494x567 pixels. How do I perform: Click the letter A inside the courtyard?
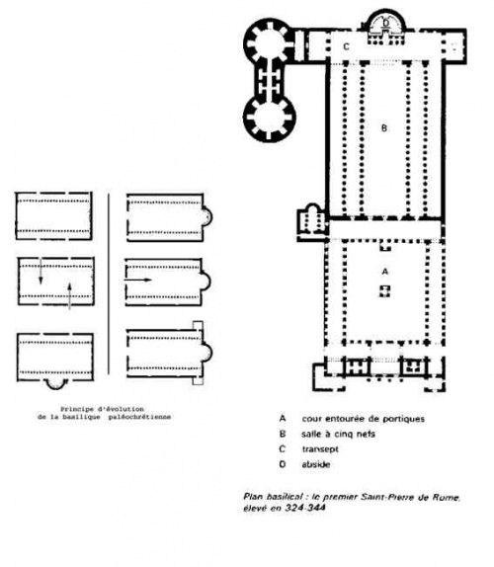point(384,272)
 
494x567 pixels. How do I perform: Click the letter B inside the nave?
point(384,128)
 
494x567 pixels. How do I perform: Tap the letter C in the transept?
point(346,47)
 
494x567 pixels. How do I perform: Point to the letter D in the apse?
point(386,23)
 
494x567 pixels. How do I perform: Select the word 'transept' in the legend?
point(320,449)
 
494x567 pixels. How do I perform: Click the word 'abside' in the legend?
point(316,464)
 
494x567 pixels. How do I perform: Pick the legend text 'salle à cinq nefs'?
point(338,434)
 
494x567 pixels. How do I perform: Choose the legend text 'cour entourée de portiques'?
point(363,419)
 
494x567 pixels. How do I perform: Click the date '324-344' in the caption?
point(305,508)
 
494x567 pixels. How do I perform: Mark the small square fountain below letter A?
point(384,291)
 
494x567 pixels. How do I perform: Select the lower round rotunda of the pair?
point(270,119)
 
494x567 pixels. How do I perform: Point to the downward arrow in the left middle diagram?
point(41,271)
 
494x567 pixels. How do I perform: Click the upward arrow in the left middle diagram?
point(69,296)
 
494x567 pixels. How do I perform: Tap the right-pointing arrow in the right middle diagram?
point(137,280)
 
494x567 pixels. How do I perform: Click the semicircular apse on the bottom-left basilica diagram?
point(56,385)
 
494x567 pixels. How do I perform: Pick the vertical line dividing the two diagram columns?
point(109,283)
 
